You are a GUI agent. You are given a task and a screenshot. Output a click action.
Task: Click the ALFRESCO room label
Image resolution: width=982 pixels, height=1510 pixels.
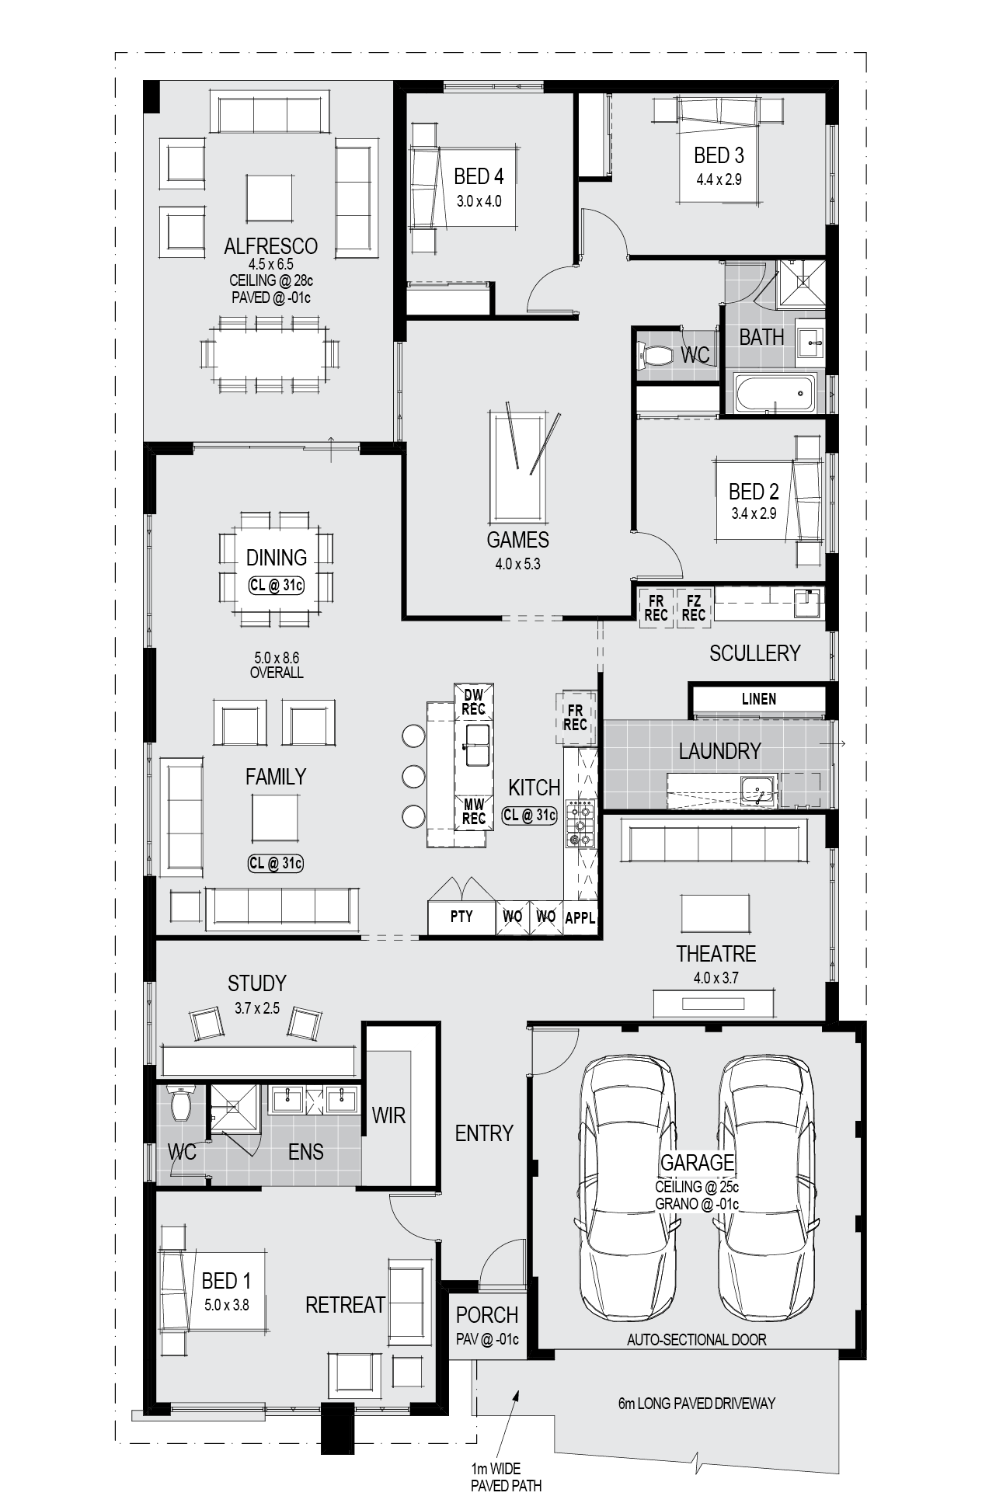(270, 246)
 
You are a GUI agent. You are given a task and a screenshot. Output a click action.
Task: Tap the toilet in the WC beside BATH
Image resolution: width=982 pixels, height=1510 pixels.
(655, 357)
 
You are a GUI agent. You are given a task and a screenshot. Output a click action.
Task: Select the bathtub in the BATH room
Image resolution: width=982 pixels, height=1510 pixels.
(775, 393)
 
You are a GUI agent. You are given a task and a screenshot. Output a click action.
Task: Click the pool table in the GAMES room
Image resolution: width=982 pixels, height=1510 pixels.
(517, 467)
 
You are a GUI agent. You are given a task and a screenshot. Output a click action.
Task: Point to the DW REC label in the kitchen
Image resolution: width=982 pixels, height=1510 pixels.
(473, 701)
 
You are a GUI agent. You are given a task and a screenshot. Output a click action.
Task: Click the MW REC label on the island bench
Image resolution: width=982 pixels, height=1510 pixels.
(473, 811)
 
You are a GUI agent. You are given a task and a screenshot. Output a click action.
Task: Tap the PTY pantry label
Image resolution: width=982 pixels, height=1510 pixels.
(461, 917)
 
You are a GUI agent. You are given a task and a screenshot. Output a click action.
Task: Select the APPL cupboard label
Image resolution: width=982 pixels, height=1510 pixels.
(580, 917)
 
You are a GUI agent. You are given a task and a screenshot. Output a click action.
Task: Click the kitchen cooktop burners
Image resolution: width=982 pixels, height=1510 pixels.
(580, 824)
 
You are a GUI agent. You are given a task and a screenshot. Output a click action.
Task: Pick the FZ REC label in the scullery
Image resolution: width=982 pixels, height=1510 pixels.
(694, 607)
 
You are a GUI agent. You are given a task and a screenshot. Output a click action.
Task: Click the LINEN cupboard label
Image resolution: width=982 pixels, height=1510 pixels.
(758, 699)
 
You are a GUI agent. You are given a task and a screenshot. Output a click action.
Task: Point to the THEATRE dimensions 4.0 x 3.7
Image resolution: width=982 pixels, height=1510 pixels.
(716, 978)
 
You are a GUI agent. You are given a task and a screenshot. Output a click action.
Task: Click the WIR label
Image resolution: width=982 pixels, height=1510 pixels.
(388, 1115)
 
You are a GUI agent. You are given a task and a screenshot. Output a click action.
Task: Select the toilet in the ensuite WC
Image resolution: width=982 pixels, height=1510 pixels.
(181, 1103)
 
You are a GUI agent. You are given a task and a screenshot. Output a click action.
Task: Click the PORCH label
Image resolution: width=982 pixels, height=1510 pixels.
(487, 1315)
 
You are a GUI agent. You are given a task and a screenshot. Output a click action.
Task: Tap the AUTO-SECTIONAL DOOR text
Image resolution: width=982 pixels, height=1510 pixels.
(696, 1339)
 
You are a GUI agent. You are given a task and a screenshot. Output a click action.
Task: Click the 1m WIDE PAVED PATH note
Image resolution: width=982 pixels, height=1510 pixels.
(506, 1477)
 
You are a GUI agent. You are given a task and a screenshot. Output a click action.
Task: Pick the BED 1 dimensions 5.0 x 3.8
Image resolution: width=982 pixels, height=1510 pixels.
(227, 1305)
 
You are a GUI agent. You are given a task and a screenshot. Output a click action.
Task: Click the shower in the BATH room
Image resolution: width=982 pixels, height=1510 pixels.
(801, 283)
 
